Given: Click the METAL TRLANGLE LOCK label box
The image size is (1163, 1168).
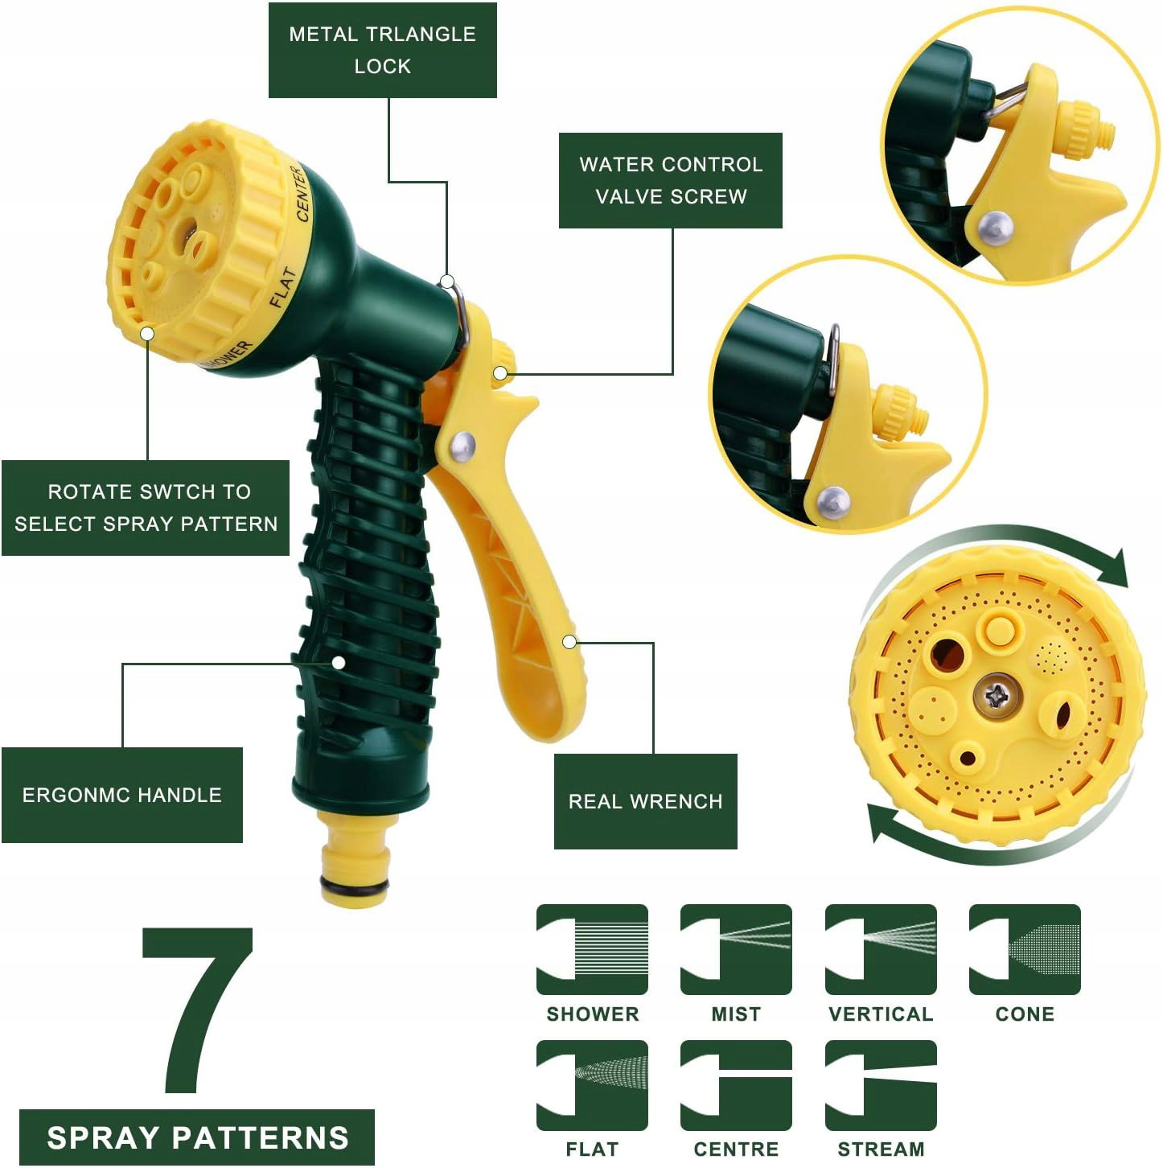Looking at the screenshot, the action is [x=382, y=50].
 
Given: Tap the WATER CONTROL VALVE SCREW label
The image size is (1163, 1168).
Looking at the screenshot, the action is [x=670, y=181].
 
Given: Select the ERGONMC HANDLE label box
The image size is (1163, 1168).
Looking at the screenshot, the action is [x=121, y=795].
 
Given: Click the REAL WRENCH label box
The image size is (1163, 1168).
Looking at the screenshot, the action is [x=645, y=801].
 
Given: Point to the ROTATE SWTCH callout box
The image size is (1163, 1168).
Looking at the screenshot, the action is [x=146, y=508].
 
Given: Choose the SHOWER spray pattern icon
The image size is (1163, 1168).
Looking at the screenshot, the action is [x=592, y=949].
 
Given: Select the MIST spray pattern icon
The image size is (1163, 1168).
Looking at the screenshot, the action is [x=736, y=949].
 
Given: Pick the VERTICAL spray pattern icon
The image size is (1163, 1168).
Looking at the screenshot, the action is [x=881, y=949].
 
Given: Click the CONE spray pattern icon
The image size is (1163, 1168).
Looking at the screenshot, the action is [x=1025, y=949].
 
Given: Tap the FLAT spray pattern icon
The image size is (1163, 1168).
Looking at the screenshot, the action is [x=592, y=1085].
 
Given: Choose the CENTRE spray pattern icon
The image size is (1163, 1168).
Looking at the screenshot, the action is [x=736, y=1085].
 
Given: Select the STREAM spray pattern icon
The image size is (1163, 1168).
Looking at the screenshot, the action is [x=881, y=1085].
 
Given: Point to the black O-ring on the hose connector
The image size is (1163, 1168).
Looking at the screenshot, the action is [x=354, y=888].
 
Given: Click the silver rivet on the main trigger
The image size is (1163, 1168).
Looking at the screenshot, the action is [x=463, y=446].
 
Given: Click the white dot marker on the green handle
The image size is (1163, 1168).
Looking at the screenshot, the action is [x=339, y=663].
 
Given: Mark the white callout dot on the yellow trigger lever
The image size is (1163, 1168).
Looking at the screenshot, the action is [x=569, y=641].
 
